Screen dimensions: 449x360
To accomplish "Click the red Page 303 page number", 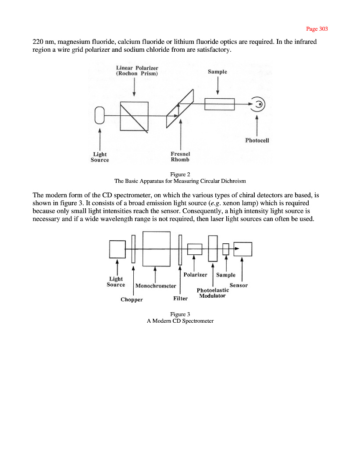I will coord(317,29).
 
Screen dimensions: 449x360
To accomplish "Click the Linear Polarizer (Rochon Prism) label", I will coord(137,71).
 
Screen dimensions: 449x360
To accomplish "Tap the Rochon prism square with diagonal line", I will coord(134,116).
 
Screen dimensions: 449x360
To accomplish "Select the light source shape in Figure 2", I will coord(100,115).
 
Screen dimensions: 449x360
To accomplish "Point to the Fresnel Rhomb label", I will coord(180,157).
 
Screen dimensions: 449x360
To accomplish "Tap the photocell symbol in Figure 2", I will coord(260,104).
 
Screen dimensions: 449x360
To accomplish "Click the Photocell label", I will coord(257,141).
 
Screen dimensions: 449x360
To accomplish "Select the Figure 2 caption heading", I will coord(180,174).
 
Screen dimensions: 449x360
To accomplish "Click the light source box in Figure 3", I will coord(117,249).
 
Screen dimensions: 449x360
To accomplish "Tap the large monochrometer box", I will coord(157,249).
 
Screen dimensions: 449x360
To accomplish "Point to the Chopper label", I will coord(132,300).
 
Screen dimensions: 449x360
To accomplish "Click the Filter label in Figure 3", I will coord(180,299).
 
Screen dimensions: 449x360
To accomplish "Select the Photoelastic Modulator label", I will coord(213,293).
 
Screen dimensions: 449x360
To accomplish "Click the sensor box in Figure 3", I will coord(242,249).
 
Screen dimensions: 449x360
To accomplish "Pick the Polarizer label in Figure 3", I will coord(195,275).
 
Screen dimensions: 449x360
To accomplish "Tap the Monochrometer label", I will coord(156,286).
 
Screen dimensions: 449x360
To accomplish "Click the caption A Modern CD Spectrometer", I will coord(180,321).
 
